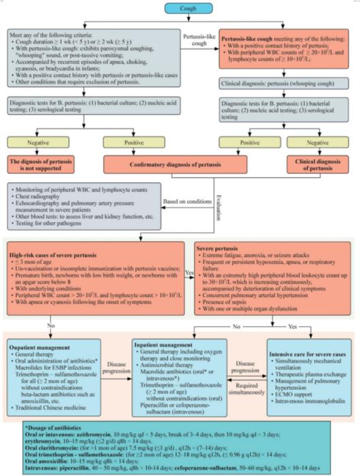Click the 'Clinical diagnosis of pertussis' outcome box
coord(314,164)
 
